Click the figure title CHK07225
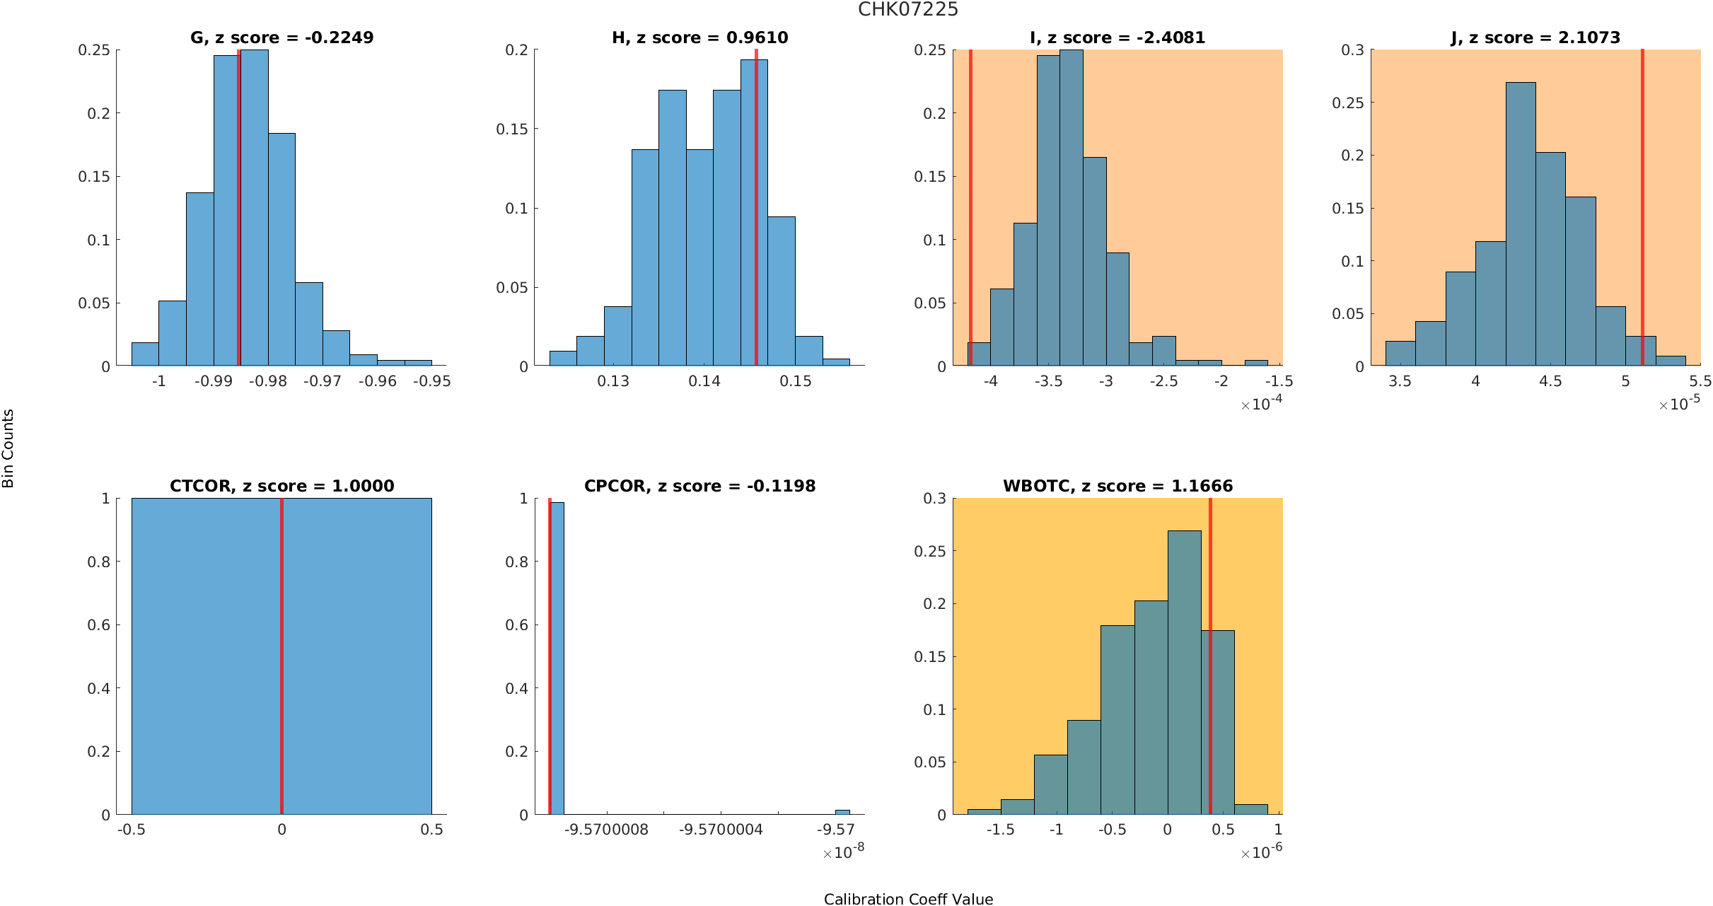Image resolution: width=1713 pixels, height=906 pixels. [x=908, y=10]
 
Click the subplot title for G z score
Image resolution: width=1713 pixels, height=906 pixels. [x=281, y=37]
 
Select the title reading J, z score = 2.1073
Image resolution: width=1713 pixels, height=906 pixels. [x=1535, y=37]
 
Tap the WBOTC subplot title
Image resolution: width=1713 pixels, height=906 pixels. [x=1117, y=486]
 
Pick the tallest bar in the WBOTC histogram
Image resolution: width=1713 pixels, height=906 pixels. [x=1184, y=672]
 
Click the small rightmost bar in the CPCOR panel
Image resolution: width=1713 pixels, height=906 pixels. [x=842, y=812]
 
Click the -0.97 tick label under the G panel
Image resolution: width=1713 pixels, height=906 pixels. [x=323, y=381]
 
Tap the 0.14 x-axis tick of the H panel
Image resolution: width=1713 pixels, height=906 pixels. [x=704, y=381]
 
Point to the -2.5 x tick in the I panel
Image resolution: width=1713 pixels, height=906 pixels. [x=1163, y=381]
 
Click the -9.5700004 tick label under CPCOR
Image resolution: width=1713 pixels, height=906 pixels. [x=721, y=830]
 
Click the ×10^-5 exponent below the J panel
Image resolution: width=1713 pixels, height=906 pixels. [x=1680, y=403]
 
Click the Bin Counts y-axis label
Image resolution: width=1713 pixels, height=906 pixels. [x=8, y=448]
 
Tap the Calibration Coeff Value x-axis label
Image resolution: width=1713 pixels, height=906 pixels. [x=908, y=899]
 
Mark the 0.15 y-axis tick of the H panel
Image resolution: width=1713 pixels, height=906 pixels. [x=512, y=129]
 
